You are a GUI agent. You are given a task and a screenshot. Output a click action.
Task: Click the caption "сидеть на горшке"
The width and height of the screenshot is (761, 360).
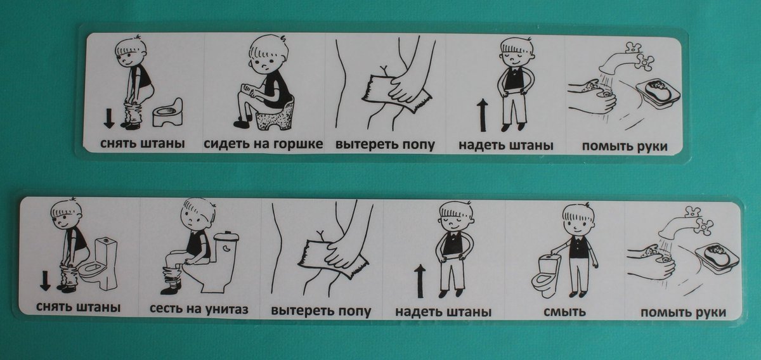(x=263, y=144)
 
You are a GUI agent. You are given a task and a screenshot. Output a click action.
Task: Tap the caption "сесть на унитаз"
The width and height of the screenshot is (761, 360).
(x=198, y=309)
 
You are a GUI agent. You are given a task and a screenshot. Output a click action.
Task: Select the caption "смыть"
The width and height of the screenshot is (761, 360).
(x=564, y=311)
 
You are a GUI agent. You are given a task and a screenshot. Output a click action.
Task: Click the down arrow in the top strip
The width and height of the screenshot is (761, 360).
(x=108, y=117)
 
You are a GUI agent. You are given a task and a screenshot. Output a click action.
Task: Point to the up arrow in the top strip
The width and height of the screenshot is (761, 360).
(x=483, y=115)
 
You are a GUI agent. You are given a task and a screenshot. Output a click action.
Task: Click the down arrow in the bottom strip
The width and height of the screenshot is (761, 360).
(x=45, y=281)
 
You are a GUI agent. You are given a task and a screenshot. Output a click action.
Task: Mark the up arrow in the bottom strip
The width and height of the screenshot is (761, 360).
(x=420, y=281)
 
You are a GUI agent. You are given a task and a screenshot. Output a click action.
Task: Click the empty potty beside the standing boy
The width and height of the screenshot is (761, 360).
(x=167, y=112)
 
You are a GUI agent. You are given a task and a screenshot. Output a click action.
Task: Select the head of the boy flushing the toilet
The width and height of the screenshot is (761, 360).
(x=578, y=220)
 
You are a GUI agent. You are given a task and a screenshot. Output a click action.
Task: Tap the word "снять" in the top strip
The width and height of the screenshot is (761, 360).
(x=117, y=143)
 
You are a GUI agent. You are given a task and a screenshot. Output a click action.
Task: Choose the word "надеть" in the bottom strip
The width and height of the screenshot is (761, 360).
(x=417, y=311)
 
